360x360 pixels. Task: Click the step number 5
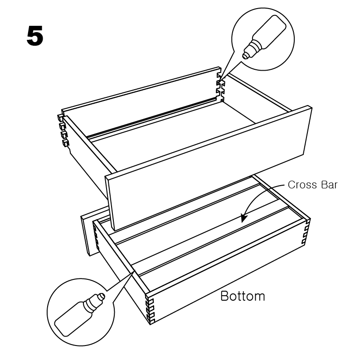[x=35, y=36]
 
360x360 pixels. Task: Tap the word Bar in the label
[x=329, y=185]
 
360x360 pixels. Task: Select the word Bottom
[x=243, y=296]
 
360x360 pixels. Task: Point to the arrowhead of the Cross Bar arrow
[x=243, y=218]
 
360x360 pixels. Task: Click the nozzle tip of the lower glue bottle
[x=102, y=296]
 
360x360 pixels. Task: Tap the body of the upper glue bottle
[x=269, y=32]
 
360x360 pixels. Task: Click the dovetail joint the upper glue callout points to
[x=221, y=88]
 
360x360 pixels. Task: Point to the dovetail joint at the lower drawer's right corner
[x=306, y=231]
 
